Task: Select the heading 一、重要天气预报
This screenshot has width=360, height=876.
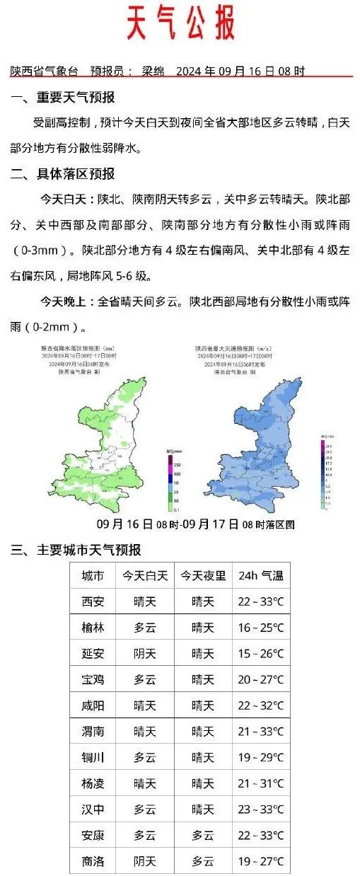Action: (x=63, y=98)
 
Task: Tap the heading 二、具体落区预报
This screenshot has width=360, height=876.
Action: (x=63, y=174)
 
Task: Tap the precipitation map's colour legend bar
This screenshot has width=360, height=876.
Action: (x=170, y=481)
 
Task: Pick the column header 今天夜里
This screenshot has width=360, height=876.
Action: (x=202, y=576)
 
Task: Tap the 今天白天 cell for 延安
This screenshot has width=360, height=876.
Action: (x=145, y=654)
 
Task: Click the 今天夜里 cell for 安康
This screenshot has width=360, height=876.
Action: (x=202, y=836)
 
